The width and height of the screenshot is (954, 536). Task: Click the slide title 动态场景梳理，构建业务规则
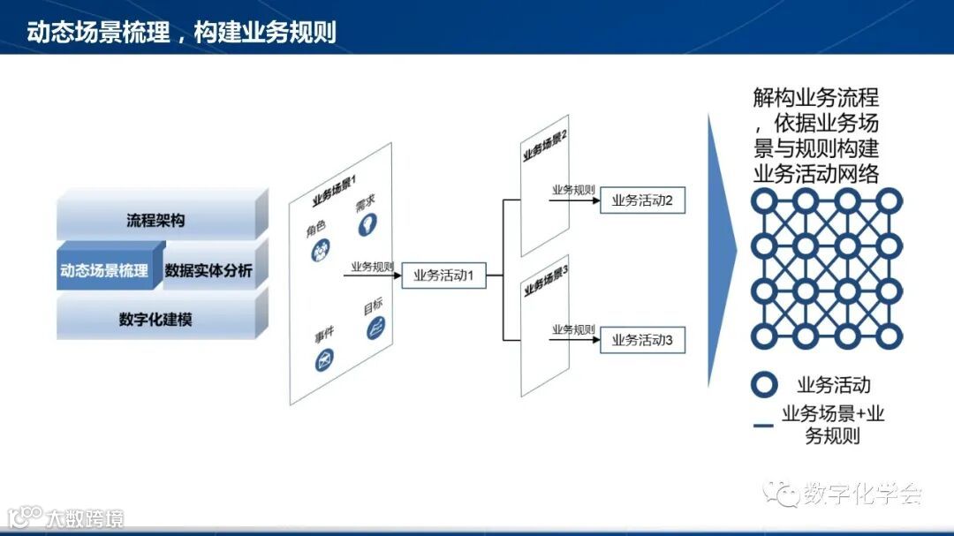(x=181, y=32)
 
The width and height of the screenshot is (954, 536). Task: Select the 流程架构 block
(x=155, y=220)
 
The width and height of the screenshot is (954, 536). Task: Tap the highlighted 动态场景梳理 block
(x=104, y=270)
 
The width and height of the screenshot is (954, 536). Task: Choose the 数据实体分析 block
(x=208, y=270)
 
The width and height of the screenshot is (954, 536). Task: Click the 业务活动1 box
(x=444, y=276)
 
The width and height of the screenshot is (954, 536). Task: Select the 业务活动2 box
(x=642, y=201)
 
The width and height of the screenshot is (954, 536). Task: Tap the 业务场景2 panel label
(x=545, y=144)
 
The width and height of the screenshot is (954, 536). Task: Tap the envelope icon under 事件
(x=323, y=359)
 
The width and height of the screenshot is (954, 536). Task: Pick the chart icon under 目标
(x=376, y=330)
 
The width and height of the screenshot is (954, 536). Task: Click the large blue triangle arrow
(x=720, y=251)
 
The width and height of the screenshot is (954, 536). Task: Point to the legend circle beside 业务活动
(x=764, y=385)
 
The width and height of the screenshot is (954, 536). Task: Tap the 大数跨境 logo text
(x=85, y=517)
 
